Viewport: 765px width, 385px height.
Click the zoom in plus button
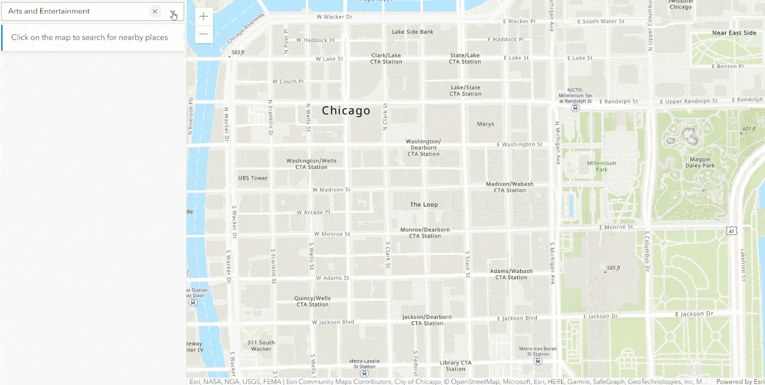(203, 17)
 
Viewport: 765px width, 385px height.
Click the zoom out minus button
(203, 34)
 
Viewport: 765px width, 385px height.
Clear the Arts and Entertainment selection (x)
(155, 11)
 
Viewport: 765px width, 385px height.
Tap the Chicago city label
(346, 111)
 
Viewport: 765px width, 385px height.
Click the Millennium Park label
(601, 166)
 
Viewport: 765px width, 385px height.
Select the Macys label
(485, 124)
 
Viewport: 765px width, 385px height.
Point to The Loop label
(424, 205)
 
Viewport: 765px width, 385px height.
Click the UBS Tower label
(252, 178)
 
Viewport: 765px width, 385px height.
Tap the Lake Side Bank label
(412, 32)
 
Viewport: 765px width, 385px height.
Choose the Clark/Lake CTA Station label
(386, 59)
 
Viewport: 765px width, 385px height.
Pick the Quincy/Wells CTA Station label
(312, 301)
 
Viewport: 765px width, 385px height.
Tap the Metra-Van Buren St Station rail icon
(538, 360)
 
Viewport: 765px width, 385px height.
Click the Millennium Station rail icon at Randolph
(576, 108)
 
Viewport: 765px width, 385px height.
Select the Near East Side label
(734, 33)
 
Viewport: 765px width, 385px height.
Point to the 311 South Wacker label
(261, 345)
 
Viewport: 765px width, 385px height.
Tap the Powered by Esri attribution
(739, 382)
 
